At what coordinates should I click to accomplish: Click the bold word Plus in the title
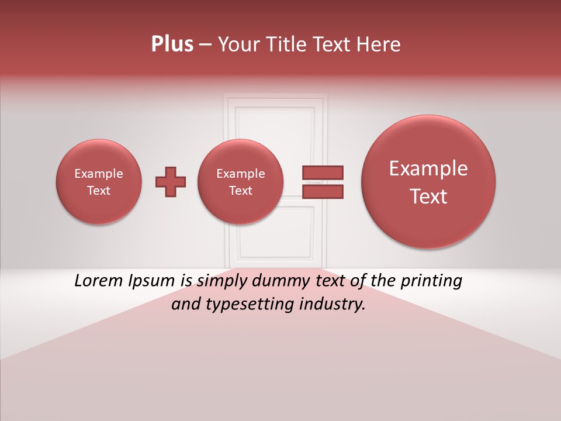point(172,44)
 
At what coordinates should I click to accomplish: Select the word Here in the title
point(380,44)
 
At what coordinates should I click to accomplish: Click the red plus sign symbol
point(171,182)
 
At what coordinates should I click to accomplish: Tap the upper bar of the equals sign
point(323,173)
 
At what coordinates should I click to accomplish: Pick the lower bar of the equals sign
point(323,191)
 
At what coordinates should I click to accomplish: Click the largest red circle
point(428,182)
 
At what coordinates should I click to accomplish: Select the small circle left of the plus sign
point(99,182)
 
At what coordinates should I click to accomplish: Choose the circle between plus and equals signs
point(240,182)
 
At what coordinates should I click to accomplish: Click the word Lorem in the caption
point(99,281)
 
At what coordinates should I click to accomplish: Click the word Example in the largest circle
point(428,169)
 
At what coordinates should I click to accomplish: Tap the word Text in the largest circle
point(428,196)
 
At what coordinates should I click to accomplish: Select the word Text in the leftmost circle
point(99,191)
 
